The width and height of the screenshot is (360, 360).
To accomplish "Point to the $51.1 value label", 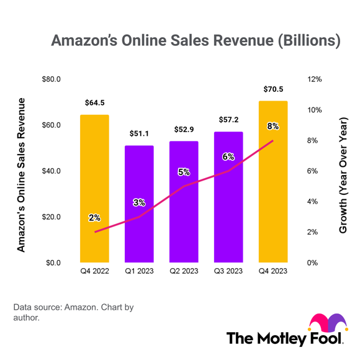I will click(x=139, y=133).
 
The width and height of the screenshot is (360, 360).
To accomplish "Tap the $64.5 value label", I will click(x=94, y=103).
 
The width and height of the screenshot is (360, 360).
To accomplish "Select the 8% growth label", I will click(x=273, y=126).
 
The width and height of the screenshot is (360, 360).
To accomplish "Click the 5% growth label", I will click(x=184, y=171).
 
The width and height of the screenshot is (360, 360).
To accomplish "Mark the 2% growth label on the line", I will click(x=94, y=217).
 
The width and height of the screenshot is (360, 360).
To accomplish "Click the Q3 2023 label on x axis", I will click(x=228, y=271).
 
